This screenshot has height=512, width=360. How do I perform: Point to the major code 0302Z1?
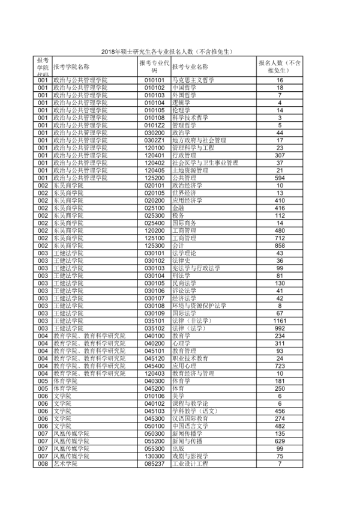(154, 140)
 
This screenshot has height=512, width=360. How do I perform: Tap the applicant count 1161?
(279, 321)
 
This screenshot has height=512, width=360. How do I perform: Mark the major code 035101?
(154, 321)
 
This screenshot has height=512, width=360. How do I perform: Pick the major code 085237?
(154, 464)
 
